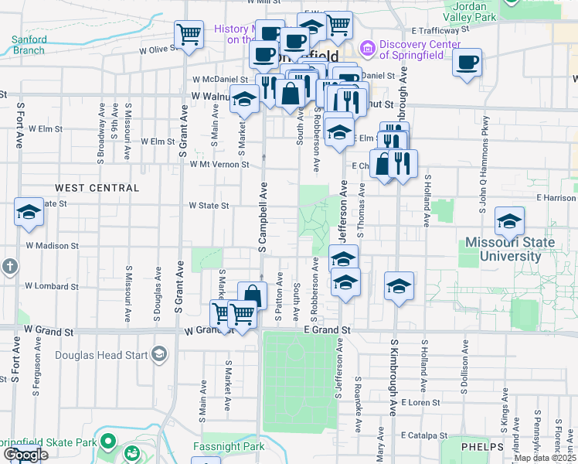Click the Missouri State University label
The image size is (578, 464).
coord(509,249)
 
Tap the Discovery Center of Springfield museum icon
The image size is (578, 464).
coord(367,49)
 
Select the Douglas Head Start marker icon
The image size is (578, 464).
coord(159,353)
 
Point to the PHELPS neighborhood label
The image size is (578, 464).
coord(482,447)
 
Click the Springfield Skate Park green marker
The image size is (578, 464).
coord(107,442)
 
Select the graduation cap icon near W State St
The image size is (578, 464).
coord(29,213)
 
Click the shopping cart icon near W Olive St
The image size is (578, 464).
coord(189,35)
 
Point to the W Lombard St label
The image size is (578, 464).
coord(52,285)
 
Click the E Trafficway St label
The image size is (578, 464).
coord(440,30)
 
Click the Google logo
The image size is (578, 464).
coord(25,454)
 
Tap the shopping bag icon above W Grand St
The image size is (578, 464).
coord(252,295)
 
